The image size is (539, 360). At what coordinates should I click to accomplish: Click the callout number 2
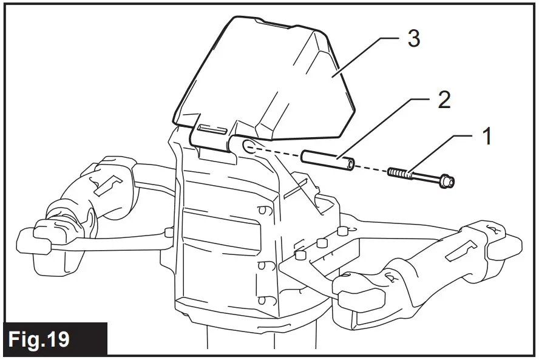pos(444,100)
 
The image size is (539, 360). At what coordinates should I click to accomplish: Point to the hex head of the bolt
pos(448,180)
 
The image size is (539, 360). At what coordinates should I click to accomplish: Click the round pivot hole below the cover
pos(248,146)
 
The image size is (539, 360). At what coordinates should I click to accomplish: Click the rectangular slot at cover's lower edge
pos(212,130)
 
